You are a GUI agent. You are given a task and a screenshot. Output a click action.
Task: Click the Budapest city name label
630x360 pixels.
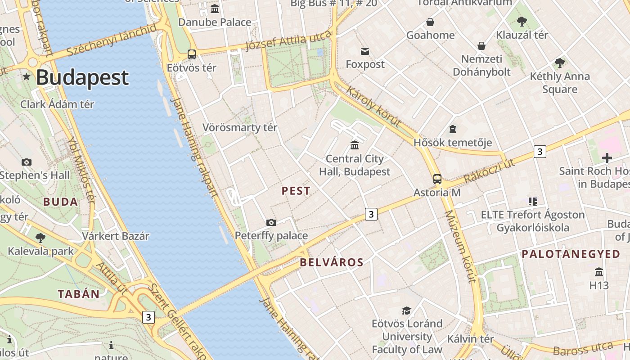point(82,77)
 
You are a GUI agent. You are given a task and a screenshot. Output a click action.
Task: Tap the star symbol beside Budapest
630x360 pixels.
point(27,77)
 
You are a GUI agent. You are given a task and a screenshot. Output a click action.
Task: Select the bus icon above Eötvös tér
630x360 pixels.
point(192,54)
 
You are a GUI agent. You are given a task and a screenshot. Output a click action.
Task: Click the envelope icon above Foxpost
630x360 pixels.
point(365,51)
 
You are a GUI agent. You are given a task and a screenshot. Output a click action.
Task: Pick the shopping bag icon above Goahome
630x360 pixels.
point(430,22)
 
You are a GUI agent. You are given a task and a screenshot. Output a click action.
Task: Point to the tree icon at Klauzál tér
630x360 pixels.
point(522,21)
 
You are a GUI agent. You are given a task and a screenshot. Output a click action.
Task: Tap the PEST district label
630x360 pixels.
point(296,191)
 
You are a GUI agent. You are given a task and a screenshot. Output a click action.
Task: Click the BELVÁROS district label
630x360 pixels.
point(332,262)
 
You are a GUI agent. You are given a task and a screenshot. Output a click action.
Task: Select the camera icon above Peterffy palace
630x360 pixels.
point(271,222)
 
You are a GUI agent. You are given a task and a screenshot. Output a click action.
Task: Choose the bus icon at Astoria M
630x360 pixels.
point(437,179)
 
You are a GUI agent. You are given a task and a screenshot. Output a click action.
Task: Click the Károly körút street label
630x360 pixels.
point(373,106)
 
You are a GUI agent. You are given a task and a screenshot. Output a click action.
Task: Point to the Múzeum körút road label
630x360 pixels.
point(460,246)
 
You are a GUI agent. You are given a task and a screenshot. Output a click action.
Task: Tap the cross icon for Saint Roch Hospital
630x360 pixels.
point(607,158)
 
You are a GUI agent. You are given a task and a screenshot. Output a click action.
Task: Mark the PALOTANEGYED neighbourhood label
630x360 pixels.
point(571,254)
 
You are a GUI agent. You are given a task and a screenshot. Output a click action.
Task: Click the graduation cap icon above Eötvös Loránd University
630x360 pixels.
point(407,310)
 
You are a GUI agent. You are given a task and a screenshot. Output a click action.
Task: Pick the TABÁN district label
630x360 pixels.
point(79,294)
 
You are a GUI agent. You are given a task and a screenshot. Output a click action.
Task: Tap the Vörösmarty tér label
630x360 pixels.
point(240,127)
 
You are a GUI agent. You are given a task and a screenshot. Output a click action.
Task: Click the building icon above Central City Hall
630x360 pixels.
point(355,145)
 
